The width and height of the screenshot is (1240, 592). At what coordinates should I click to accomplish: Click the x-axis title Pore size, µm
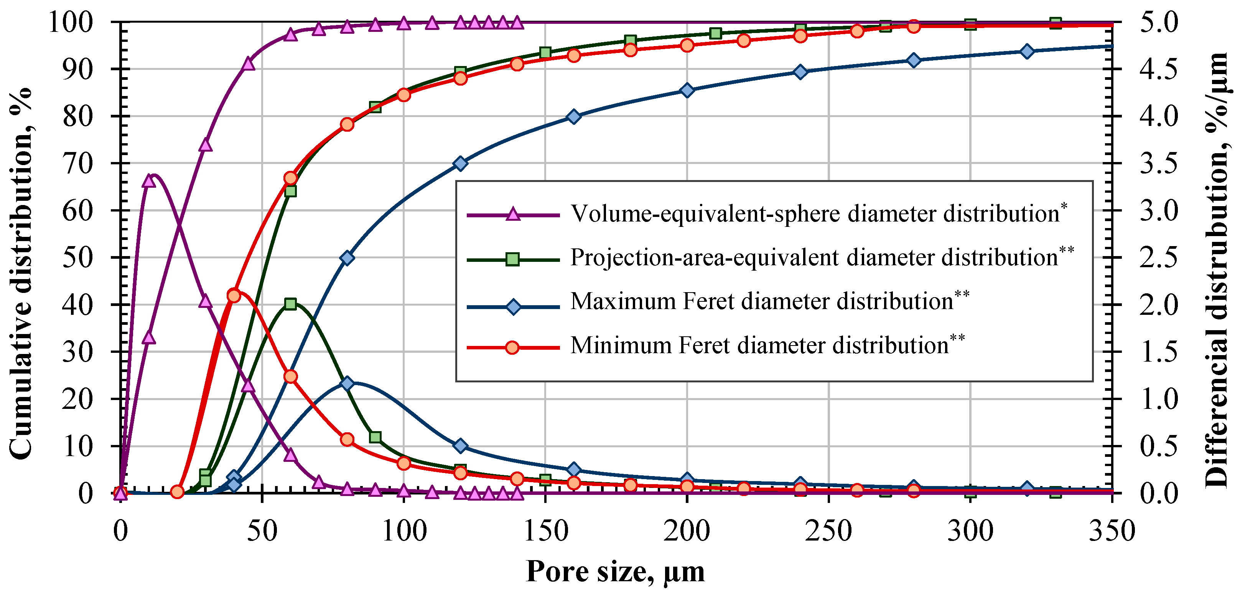[615, 572]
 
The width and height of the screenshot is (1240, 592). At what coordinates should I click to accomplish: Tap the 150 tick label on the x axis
[545, 531]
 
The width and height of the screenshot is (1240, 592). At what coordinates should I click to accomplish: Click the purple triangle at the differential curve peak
[149, 181]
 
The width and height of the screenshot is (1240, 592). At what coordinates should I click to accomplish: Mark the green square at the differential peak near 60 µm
[290, 304]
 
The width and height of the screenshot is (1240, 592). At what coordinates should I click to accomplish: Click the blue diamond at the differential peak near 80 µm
[347, 384]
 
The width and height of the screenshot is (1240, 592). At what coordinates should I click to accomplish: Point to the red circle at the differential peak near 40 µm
[234, 296]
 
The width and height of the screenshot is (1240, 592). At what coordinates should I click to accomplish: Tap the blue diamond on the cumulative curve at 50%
[347, 258]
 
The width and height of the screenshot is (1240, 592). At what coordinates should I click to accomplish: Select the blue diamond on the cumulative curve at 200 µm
[687, 91]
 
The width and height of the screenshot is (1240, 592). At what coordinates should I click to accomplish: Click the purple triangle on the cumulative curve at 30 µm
[206, 144]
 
